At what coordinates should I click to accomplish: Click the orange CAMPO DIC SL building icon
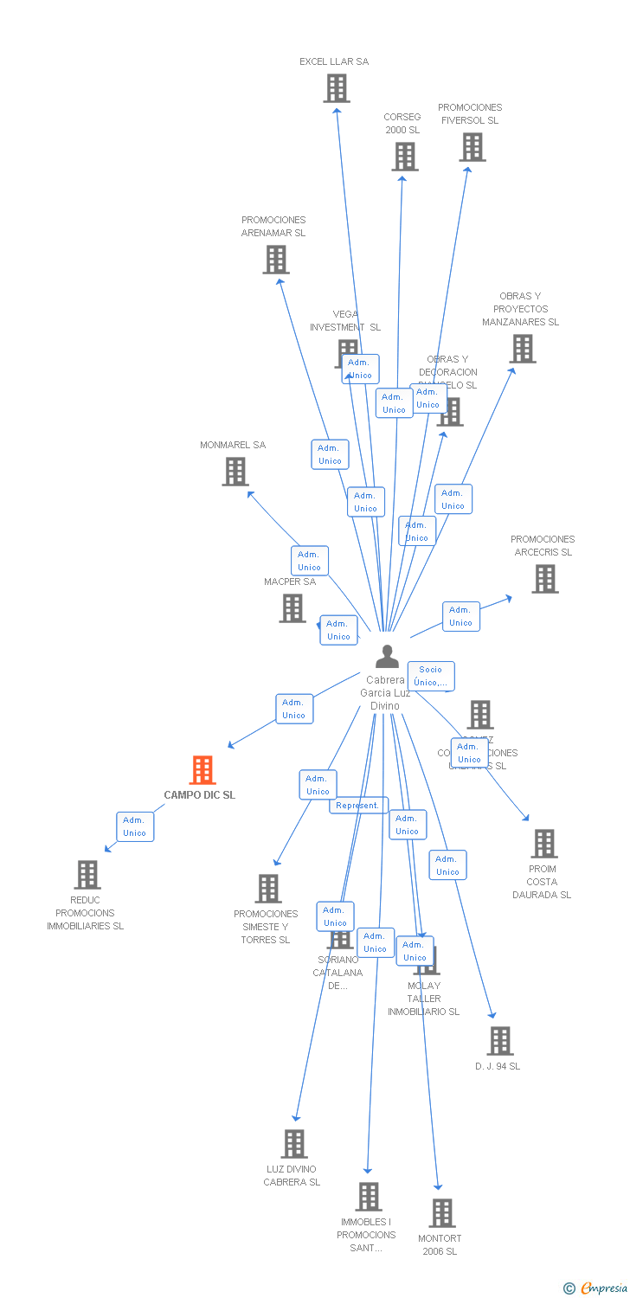pos(202,769)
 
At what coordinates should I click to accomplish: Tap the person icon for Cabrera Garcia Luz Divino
pos(387,657)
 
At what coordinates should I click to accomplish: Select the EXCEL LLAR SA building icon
pos(337,88)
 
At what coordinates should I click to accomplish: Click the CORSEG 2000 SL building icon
pos(404,157)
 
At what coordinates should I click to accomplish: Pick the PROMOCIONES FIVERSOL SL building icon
pos(472,147)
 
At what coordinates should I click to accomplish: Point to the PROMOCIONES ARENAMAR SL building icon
pos(276,260)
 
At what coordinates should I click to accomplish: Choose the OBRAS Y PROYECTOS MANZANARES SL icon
pos(523,349)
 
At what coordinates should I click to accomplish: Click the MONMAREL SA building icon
pos(235,472)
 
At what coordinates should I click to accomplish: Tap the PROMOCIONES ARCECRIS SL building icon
pos(545,579)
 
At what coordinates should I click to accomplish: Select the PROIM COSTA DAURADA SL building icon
pos(544,844)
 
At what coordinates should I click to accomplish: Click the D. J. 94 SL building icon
pos(500,1041)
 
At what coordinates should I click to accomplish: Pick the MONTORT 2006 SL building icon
pos(442,1213)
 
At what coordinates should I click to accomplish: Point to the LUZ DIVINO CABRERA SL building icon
pos(294,1144)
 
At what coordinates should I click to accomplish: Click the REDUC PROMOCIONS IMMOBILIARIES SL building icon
pos(87,875)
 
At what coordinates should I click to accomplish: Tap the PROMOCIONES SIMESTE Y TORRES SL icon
pos(268,889)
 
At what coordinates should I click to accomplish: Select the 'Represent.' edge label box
pos(357,806)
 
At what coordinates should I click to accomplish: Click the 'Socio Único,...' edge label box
pos(430,676)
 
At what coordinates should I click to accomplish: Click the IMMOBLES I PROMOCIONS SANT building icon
pos(369,1197)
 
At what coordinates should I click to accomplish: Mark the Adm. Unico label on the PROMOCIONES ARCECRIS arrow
pos(460,616)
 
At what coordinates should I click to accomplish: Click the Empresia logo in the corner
pos(596,1288)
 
